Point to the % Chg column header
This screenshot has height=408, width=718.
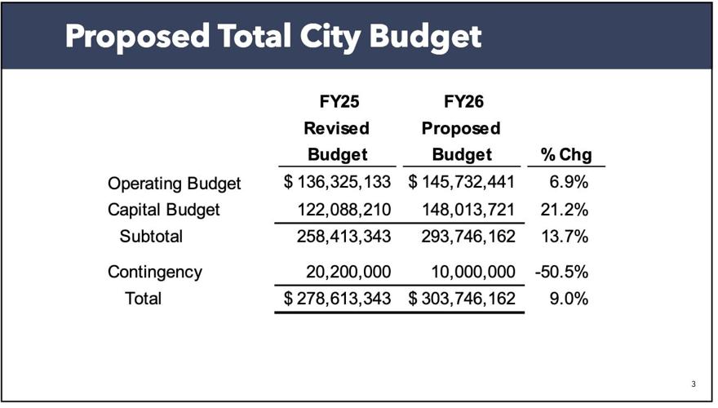[565, 154]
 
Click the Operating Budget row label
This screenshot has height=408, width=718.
[174, 183]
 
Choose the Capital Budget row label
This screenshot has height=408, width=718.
[164, 210]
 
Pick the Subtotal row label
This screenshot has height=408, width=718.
[151, 237]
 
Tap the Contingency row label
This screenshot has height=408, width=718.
[154, 272]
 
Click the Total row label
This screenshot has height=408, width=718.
[143, 299]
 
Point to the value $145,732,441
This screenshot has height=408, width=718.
[462, 183]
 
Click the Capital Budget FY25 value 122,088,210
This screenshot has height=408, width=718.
[344, 210]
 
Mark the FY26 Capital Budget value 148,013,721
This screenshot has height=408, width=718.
[468, 210]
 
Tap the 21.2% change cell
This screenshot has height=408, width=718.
[565, 210]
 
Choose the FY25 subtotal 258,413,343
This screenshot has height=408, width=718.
[344, 237]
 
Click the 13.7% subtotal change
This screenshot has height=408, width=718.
[565, 237]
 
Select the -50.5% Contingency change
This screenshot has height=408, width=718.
[561, 272]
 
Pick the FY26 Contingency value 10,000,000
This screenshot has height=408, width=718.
[468, 272]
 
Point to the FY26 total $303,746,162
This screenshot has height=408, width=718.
[462, 299]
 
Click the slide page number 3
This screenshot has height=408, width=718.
[694, 384]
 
